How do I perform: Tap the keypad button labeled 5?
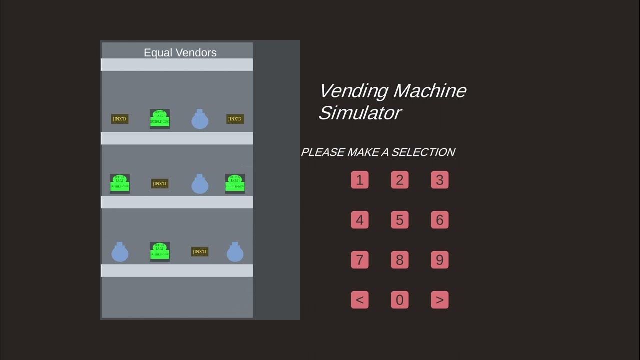(400, 220)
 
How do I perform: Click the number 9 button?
(440, 260)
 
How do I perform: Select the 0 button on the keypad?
(400, 300)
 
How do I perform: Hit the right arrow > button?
(440, 300)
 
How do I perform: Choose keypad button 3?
(440, 180)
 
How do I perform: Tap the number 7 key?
(360, 260)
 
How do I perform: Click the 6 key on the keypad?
(440, 220)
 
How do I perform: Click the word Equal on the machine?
(156, 53)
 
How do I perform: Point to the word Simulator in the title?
(360, 113)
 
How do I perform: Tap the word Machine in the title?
(430, 91)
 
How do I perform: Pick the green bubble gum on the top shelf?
(160, 119)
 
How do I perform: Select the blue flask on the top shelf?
(200, 120)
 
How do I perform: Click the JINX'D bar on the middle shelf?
(160, 184)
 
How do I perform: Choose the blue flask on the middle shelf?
(200, 184)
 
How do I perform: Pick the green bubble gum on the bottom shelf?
(160, 252)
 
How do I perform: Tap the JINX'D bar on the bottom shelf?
(200, 252)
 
